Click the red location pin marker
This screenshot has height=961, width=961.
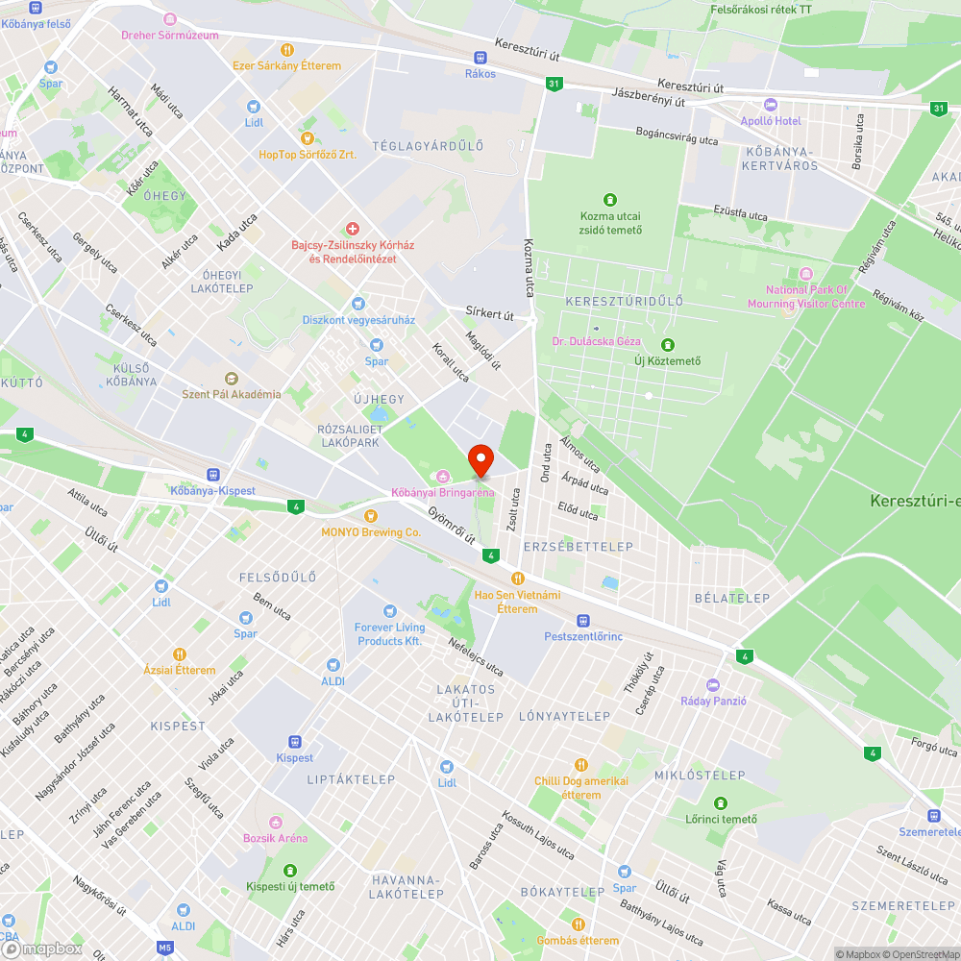click(x=480, y=460)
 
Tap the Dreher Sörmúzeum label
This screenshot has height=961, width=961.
click(x=170, y=36)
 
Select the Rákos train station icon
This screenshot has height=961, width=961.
click(x=480, y=58)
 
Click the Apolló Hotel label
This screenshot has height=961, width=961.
click(x=770, y=120)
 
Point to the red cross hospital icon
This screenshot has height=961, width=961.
click(x=353, y=229)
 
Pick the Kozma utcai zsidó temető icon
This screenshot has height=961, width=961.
click(x=609, y=200)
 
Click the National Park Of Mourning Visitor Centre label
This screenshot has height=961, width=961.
click(x=806, y=297)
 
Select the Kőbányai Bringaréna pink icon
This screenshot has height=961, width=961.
click(x=442, y=476)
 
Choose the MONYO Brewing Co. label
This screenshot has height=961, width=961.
click(x=371, y=531)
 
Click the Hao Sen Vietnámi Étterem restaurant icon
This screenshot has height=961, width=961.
click(x=517, y=579)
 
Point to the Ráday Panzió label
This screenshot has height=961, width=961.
click(x=713, y=701)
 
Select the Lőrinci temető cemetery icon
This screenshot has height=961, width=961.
click(x=721, y=802)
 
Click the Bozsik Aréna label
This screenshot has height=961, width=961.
click(x=276, y=837)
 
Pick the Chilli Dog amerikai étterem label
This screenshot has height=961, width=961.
click(x=580, y=788)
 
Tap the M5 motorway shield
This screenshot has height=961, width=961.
click(x=165, y=948)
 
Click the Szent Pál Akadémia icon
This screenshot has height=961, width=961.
click(x=231, y=378)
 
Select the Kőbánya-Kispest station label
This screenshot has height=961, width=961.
click(x=212, y=491)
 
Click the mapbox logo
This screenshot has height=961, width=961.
click(x=42, y=949)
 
